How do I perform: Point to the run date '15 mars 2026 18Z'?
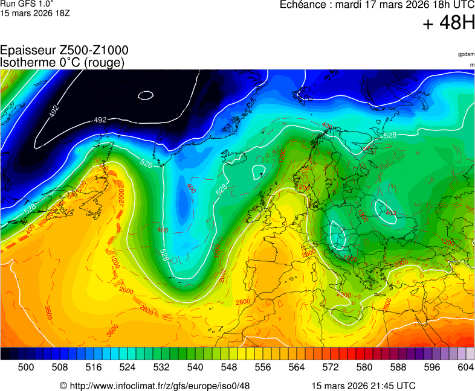35,13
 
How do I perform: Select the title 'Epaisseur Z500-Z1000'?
64,51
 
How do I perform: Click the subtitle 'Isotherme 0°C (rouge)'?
62,62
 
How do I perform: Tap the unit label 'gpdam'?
466,54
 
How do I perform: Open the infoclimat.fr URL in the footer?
155,386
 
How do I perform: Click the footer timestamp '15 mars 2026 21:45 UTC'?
363,386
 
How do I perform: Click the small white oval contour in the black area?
146,95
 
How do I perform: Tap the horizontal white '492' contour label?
100,120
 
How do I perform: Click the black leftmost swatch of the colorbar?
5,354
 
